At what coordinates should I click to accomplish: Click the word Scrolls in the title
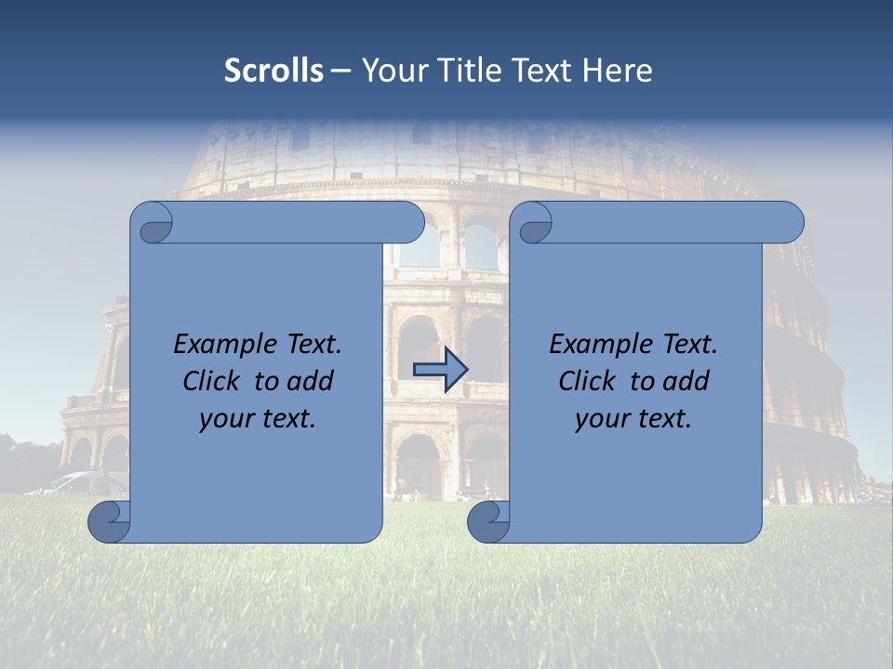274,71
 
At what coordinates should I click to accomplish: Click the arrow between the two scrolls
440,369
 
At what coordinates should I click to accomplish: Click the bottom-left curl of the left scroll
110,521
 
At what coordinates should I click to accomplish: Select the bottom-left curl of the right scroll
488,521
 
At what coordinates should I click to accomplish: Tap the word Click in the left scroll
213,382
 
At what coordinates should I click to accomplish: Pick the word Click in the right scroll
587,382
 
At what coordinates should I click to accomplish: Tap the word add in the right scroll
685,382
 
